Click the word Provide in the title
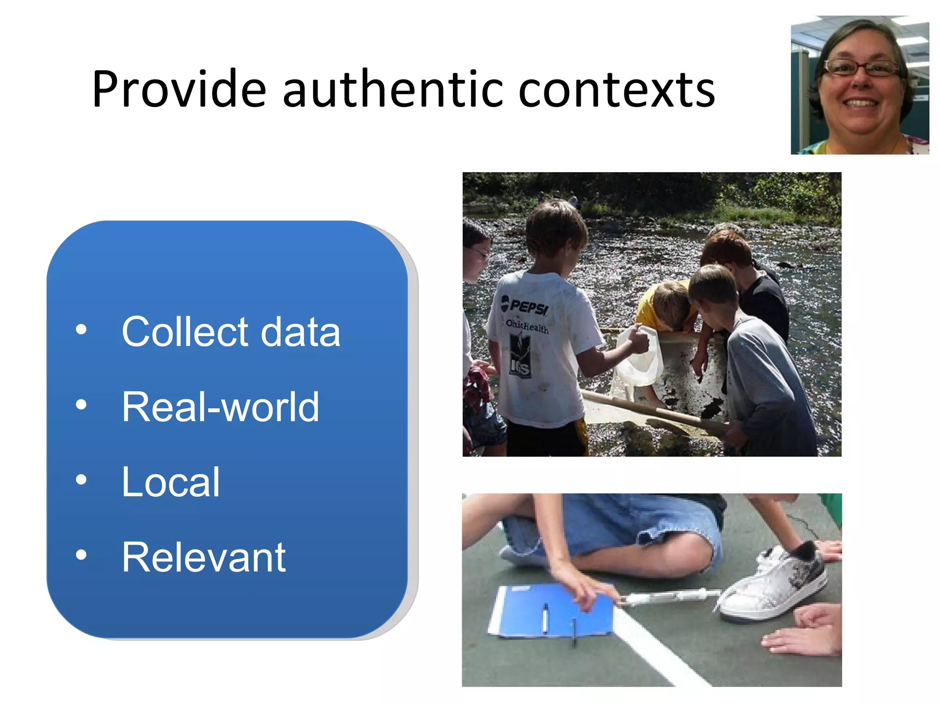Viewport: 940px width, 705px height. point(179,90)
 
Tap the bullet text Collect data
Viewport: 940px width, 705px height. point(231,331)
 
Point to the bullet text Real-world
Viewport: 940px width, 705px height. point(220,407)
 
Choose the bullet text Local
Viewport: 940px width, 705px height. point(171,482)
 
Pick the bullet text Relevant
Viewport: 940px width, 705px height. point(204,557)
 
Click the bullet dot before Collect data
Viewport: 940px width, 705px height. point(81,330)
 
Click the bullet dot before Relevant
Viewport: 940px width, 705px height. point(81,555)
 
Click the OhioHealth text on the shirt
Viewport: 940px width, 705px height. point(527,326)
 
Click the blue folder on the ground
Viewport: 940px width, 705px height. point(551,610)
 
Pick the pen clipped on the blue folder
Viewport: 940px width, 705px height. point(545,617)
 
